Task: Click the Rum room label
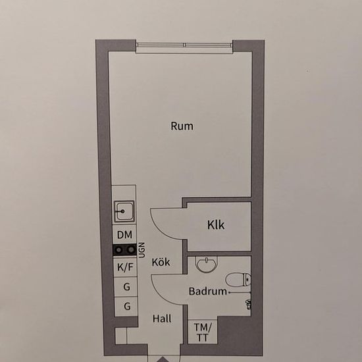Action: coord(182,126)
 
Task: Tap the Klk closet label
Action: coord(216,225)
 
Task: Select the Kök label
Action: coord(161,262)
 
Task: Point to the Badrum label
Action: coord(208,291)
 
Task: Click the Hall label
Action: coord(162,319)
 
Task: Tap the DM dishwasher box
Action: coord(124,234)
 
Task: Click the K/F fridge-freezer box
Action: coord(125,267)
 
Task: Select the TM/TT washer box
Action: coord(203,332)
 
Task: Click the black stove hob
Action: coord(124,250)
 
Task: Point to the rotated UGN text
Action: coord(142,250)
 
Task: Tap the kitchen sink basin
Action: coord(124,211)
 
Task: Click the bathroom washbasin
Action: coord(207,264)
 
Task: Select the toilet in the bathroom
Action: coord(238,280)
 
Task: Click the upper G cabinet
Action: coord(126,287)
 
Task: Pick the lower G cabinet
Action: coord(126,306)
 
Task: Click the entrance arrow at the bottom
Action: coord(163,359)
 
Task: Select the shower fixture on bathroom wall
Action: coord(248,304)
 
